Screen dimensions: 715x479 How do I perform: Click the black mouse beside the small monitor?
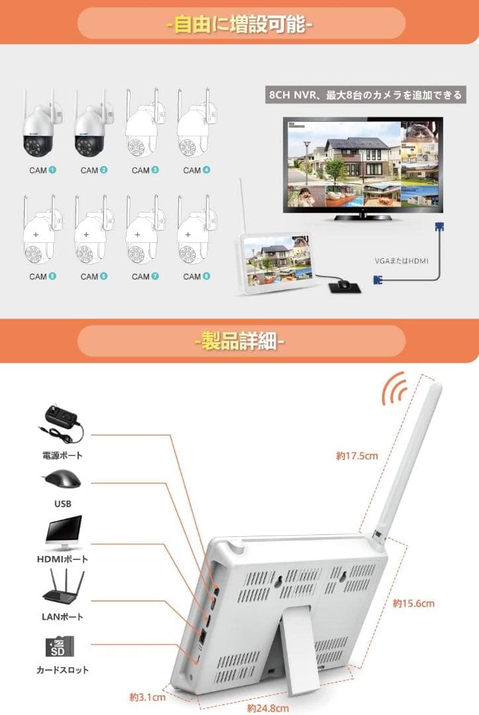[343, 285]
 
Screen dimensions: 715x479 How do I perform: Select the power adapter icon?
[62, 424]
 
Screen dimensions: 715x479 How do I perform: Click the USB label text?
[62, 504]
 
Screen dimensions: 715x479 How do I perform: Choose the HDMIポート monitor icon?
[63, 533]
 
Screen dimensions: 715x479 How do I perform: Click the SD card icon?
[60, 645]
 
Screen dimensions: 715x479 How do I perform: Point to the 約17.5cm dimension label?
[356, 455]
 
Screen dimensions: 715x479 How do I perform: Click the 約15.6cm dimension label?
[413, 603]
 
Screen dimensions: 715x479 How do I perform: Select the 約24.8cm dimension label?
[268, 708]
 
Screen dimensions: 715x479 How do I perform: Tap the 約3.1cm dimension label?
[147, 696]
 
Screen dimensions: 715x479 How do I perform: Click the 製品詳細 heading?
[240, 343]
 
